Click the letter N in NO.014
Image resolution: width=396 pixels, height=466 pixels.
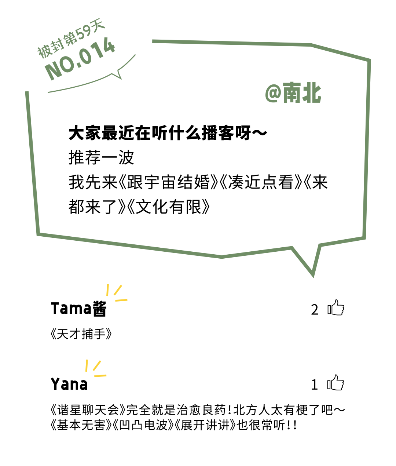[x=54, y=72]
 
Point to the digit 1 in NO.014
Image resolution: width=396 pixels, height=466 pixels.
[x=96, y=53]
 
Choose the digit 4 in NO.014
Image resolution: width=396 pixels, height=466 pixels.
[x=108, y=48]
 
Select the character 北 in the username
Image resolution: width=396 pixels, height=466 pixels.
[x=312, y=94]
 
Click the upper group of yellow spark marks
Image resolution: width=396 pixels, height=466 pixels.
[x=116, y=293]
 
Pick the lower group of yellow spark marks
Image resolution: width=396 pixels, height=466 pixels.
[x=95, y=368]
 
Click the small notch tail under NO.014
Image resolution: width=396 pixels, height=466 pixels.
[x=118, y=75]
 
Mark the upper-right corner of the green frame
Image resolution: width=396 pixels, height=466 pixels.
[x=369, y=59]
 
